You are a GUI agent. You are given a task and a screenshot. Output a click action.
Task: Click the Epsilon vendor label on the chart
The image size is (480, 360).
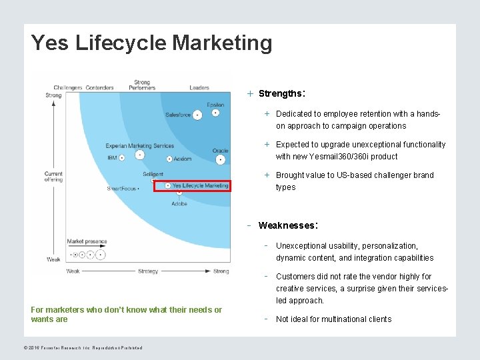(x=215, y=105)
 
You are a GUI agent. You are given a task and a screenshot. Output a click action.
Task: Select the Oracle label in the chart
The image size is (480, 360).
(x=221, y=151)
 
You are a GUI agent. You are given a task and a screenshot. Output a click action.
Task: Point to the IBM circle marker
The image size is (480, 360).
(x=139, y=155)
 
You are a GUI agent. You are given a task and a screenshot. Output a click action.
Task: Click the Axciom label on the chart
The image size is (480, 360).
(x=183, y=159)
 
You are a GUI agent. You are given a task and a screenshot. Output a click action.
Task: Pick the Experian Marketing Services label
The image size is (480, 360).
(x=140, y=146)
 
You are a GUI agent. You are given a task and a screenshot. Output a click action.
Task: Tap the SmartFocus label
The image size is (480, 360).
(x=121, y=189)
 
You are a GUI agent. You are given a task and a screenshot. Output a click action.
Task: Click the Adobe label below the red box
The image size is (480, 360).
(x=179, y=203)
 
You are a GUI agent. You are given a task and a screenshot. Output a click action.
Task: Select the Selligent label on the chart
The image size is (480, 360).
(x=153, y=175)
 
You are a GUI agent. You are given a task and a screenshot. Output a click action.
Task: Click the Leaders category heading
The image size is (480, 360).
(x=199, y=87)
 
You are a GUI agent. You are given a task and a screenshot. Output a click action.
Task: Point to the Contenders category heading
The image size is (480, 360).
(x=99, y=87)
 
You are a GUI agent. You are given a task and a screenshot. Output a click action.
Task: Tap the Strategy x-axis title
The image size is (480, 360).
(x=148, y=271)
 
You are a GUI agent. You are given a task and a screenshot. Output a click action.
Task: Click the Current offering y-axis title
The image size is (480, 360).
(x=53, y=177)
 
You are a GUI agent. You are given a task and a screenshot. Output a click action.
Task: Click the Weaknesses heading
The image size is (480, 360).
(x=287, y=225)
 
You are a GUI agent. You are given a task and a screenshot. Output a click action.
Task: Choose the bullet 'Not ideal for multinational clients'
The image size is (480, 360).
(x=334, y=319)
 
